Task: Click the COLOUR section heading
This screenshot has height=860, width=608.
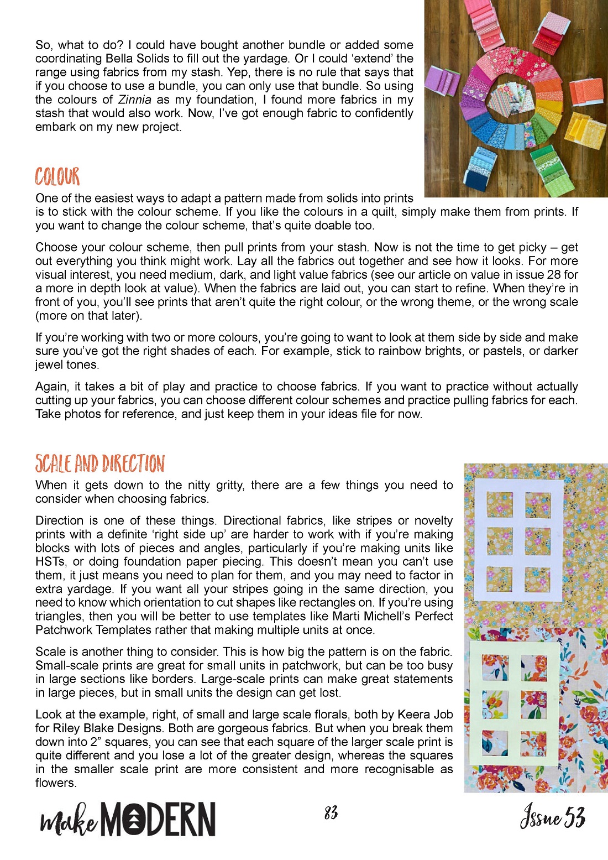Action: point(57,177)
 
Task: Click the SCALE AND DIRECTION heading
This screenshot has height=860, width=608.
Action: point(100,463)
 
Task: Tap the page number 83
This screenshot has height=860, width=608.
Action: point(331,812)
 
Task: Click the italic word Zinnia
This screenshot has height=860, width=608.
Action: point(134,100)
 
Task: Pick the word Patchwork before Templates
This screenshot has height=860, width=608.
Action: point(64,630)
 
